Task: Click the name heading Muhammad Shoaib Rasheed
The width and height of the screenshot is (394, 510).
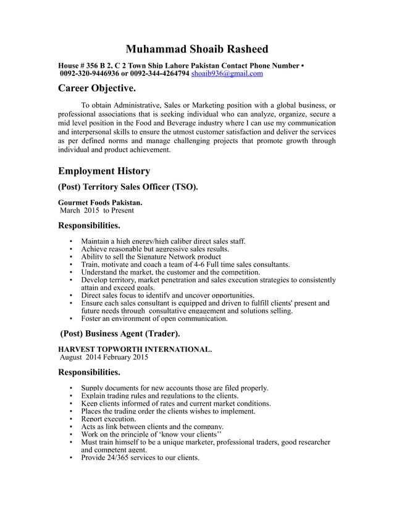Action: [197, 49]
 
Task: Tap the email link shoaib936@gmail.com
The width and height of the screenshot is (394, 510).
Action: [227, 73]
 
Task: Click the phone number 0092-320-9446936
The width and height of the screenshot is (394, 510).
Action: [90, 73]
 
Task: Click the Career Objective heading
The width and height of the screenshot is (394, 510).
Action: [97, 89]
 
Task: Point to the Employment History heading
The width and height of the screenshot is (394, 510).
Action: [104, 170]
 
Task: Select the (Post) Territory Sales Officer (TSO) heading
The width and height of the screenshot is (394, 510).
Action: [128, 186]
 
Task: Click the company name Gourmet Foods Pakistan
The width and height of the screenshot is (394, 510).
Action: [100, 203]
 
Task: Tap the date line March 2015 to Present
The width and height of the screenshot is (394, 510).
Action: [96, 211]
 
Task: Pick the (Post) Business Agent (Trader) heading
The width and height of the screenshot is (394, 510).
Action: [120, 334]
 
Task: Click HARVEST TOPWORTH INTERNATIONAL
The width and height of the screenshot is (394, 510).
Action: [135, 349]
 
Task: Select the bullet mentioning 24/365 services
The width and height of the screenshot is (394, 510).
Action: [140, 458]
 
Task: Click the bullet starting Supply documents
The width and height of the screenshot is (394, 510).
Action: [174, 388]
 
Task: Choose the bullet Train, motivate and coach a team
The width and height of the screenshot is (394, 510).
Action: [185, 264]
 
